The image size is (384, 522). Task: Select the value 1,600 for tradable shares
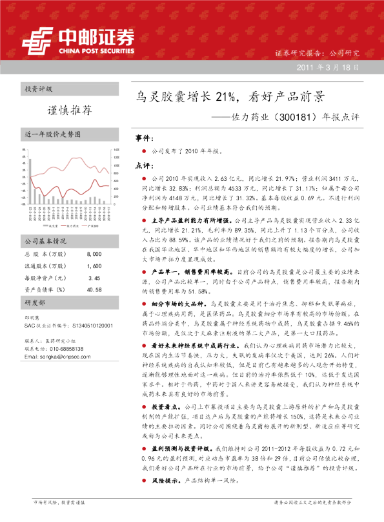(x=93, y=266)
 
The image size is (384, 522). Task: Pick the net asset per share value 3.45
(x=94, y=277)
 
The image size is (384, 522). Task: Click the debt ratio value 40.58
(x=94, y=289)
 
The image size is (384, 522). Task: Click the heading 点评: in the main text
(x=144, y=165)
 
